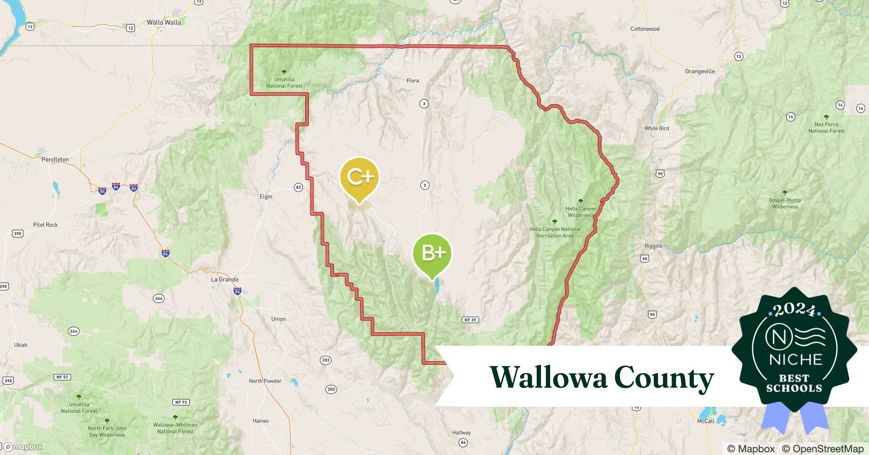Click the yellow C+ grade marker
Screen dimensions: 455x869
click(x=359, y=177)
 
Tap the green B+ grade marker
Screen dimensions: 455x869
click(x=432, y=253)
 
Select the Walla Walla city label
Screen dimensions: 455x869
click(x=164, y=22)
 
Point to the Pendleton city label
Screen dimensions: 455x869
click(x=55, y=160)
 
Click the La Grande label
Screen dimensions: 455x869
click(x=225, y=279)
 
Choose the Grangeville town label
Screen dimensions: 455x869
click(x=700, y=71)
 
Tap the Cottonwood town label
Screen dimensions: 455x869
click(x=645, y=29)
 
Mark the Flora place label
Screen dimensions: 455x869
click(x=413, y=81)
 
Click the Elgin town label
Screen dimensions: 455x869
click(x=266, y=197)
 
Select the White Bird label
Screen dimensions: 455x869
click(x=657, y=128)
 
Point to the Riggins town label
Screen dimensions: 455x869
click(x=653, y=246)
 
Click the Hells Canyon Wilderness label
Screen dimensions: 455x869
click(x=581, y=212)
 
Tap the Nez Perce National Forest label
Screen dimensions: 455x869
click(x=826, y=127)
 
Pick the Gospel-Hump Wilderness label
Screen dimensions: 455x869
click(x=785, y=203)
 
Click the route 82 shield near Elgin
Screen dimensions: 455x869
click(x=298, y=187)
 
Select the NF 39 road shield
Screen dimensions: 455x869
click(x=470, y=320)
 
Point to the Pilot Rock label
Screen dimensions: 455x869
click(x=45, y=225)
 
